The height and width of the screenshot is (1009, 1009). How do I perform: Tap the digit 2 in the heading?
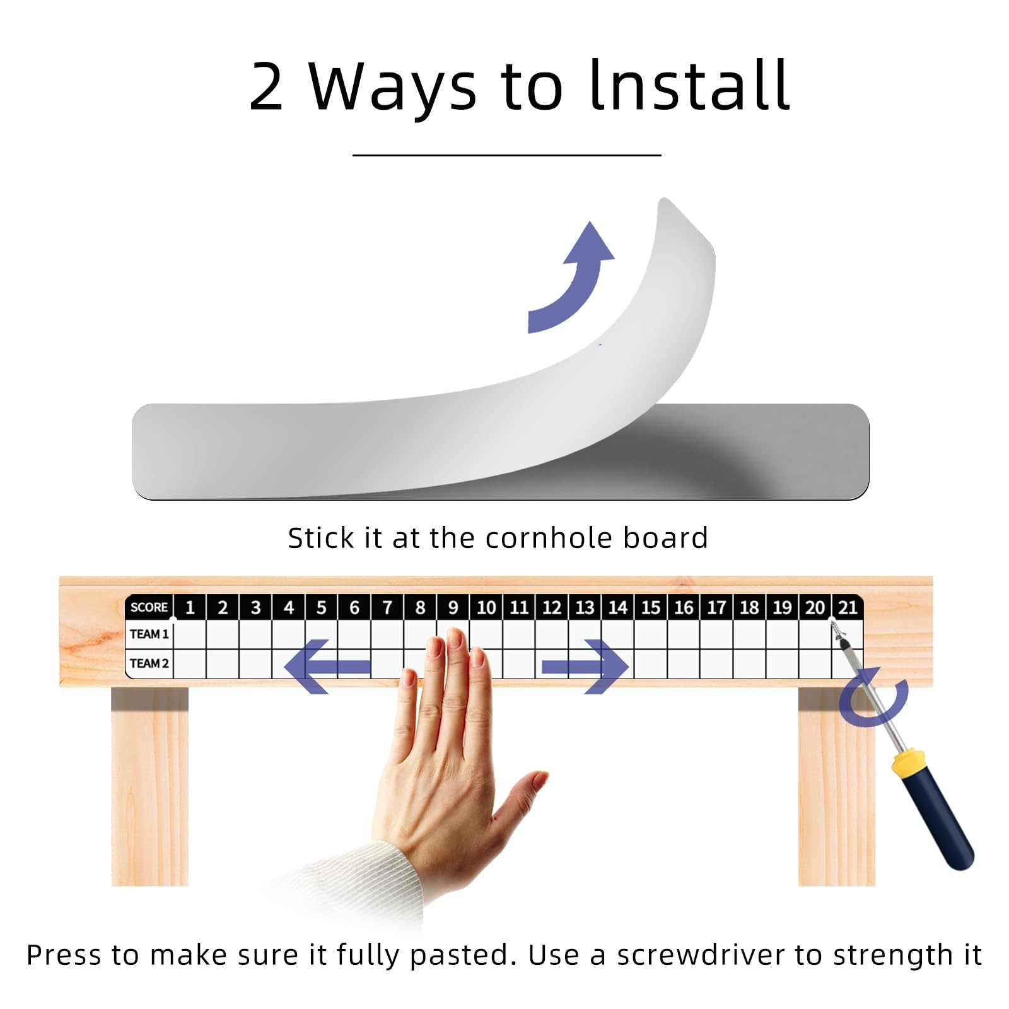tap(266, 86)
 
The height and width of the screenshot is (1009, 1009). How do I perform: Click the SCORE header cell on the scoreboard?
tap(149, 607)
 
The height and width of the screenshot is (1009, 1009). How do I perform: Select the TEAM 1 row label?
tap(149, 634)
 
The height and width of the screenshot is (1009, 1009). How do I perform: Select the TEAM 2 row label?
tap(149, 663)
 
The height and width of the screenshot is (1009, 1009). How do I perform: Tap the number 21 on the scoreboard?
tap(848, 607)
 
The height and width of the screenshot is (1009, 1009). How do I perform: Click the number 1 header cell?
tap(190, 607)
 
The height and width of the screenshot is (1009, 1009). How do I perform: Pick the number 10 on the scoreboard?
tap(486, 607)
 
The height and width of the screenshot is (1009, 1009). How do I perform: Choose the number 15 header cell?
tap(651, 607)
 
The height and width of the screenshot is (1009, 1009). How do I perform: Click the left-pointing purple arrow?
tap(327, 667)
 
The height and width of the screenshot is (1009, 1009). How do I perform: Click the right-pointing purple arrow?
tap(585, 667)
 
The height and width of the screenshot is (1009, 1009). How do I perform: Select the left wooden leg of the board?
tap(150, 786)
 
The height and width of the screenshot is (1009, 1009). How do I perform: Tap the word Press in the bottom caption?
tap(64, 955)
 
